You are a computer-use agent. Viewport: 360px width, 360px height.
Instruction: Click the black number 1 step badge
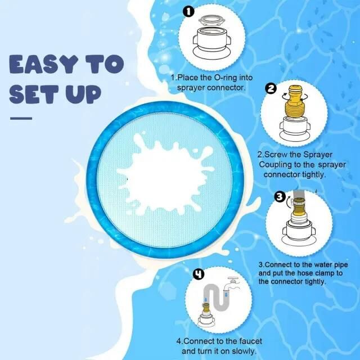pos(188,11)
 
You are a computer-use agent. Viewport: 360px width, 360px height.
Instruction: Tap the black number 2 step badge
pos(271,89)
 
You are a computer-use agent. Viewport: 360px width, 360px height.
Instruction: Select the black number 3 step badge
pos(280,197)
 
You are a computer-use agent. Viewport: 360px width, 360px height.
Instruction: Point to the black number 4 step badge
pos(199,274)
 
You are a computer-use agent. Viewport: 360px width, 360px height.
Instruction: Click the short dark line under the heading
pos(21,119)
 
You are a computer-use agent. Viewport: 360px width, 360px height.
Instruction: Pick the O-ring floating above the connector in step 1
pos(211,20)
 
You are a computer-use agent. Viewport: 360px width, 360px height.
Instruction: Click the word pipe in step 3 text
pos(341,265)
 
